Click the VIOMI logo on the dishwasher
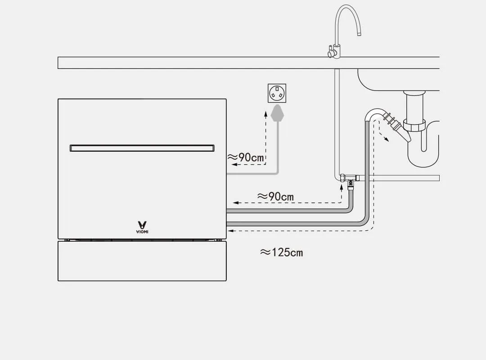pos(142,226)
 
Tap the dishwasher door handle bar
pos(142,148)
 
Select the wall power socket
pos(277,94)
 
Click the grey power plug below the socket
pos(278,113)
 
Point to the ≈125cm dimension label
pos(281,252)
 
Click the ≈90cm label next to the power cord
pos(246,157)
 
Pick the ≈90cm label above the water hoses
pos(275,197)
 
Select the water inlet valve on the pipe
pos(351,180)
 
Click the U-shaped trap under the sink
pos(423,153)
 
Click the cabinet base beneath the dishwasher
pos(142,261)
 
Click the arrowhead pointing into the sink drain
pos(386,139)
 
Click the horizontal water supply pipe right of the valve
pos(400,178)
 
